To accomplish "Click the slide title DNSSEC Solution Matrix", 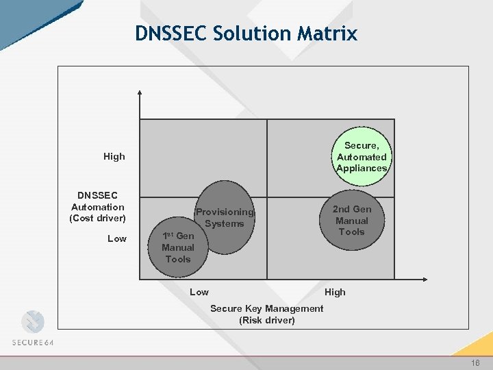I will (x=246, y=33).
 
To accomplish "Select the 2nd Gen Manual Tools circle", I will (x=351, y=221).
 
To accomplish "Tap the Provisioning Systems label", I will (x=224, y=218).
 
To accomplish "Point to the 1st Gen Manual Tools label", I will (x=177, y=247).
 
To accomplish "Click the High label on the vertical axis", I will (x=114, y=156).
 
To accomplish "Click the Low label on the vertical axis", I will (x=117, y=238).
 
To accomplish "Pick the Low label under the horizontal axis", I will (x=199, y=292).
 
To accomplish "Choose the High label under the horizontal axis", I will (x=335, y=292).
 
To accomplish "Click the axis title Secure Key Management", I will (x=266, y=308).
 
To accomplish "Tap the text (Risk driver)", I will (x=267, y=320).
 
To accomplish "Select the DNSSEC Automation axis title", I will (x=98, y=201).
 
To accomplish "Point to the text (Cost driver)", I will (x=98, y=218).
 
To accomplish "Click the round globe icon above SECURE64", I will (x=32, y=321).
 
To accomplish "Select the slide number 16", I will (x=475, y=362).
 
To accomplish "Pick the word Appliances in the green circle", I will (x=362, y=168).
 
